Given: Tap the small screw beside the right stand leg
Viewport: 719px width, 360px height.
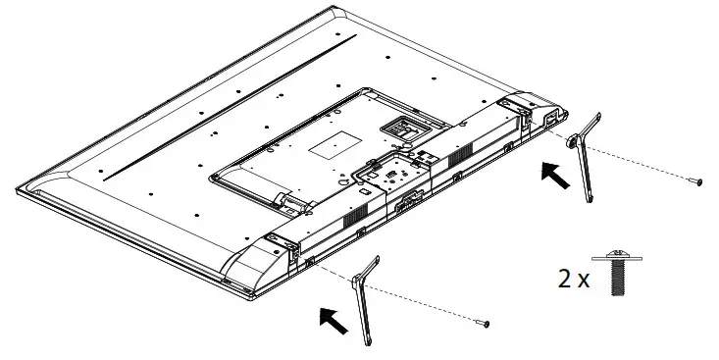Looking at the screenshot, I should pyautogui.click(x=697, y=181).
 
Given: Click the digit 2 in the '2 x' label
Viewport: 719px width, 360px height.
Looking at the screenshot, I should pyautogui.click(x=564, y=279).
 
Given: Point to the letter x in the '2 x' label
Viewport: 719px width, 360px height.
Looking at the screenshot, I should pyautogui.click(x=585, y=281).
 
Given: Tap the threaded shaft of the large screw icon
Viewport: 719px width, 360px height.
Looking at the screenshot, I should pyautogui.click(x=618, y=279).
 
